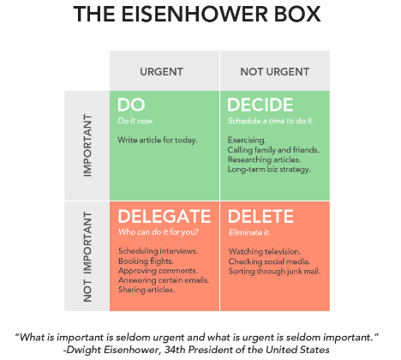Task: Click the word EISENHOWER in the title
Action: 195,14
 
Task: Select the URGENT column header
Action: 161,72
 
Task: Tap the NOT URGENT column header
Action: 275,72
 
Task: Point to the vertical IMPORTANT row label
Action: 87,145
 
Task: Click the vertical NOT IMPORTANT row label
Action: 87,257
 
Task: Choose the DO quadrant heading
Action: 131,105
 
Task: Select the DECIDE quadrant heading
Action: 260,105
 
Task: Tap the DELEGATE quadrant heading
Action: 165,216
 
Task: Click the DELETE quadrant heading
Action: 260,216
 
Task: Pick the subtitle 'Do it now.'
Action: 136,121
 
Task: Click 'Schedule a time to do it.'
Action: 271,121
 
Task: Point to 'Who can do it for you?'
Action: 159,232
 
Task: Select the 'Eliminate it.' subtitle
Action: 249,232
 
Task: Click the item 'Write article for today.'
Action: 158,140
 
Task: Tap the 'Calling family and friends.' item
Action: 273,150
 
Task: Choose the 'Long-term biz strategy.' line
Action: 269,170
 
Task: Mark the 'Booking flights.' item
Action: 146,261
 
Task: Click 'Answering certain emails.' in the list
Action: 164,280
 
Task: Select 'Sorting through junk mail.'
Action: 274,271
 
